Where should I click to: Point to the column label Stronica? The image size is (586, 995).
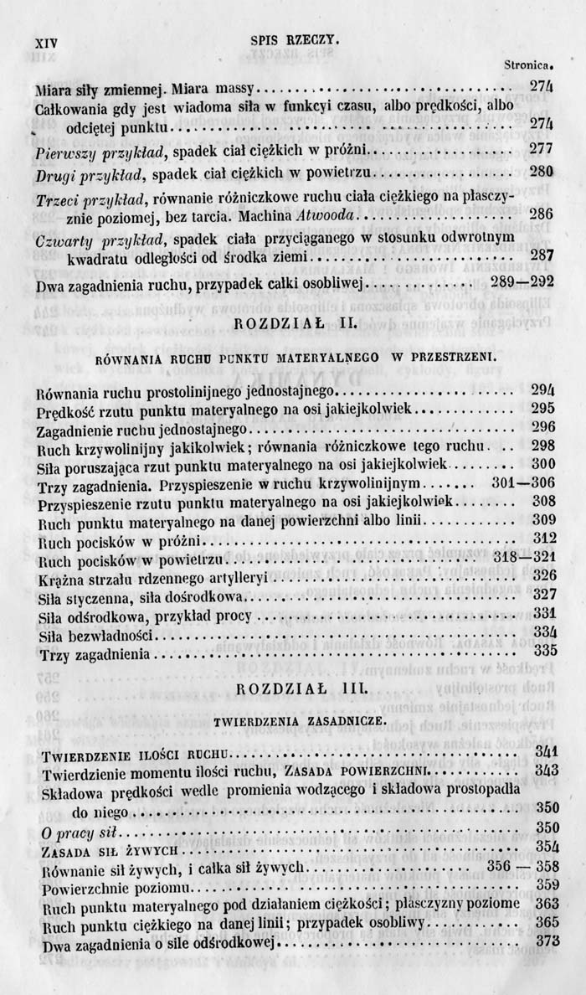(x=529, y=64)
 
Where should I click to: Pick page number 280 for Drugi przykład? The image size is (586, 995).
(x=542, y=173)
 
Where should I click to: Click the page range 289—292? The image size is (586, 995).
(x=521, y=283)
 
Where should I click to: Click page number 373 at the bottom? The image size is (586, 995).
(x=546, y=941)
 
